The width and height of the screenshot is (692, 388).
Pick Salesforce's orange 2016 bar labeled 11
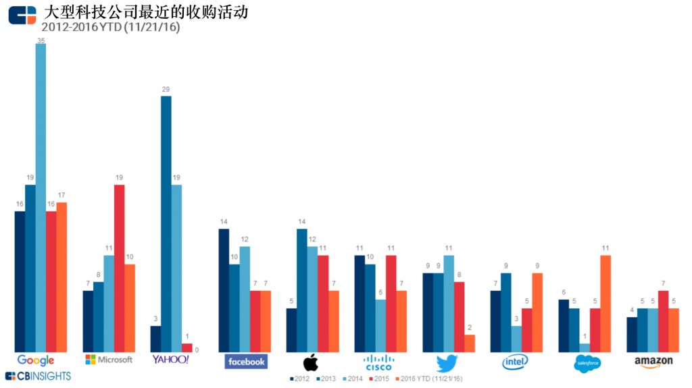coord(605,303)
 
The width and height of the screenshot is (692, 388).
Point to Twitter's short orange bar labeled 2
coord(470,343)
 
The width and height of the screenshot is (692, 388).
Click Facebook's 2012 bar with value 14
coord(224,290)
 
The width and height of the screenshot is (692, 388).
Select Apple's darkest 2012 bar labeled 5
coord(291,330)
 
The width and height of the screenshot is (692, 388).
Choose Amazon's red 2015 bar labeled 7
coord(663,321)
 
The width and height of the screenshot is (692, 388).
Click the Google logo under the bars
coord(36,360)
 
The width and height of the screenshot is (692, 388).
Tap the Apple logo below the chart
coord(310,362)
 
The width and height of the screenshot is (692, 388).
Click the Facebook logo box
coord(246,362)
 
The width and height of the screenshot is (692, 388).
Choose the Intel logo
coord(516,362)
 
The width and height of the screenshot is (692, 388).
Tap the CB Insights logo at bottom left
coord(38,376)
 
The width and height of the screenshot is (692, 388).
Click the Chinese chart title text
coord(145,12)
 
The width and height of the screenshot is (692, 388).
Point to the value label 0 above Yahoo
coord(197,350)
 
